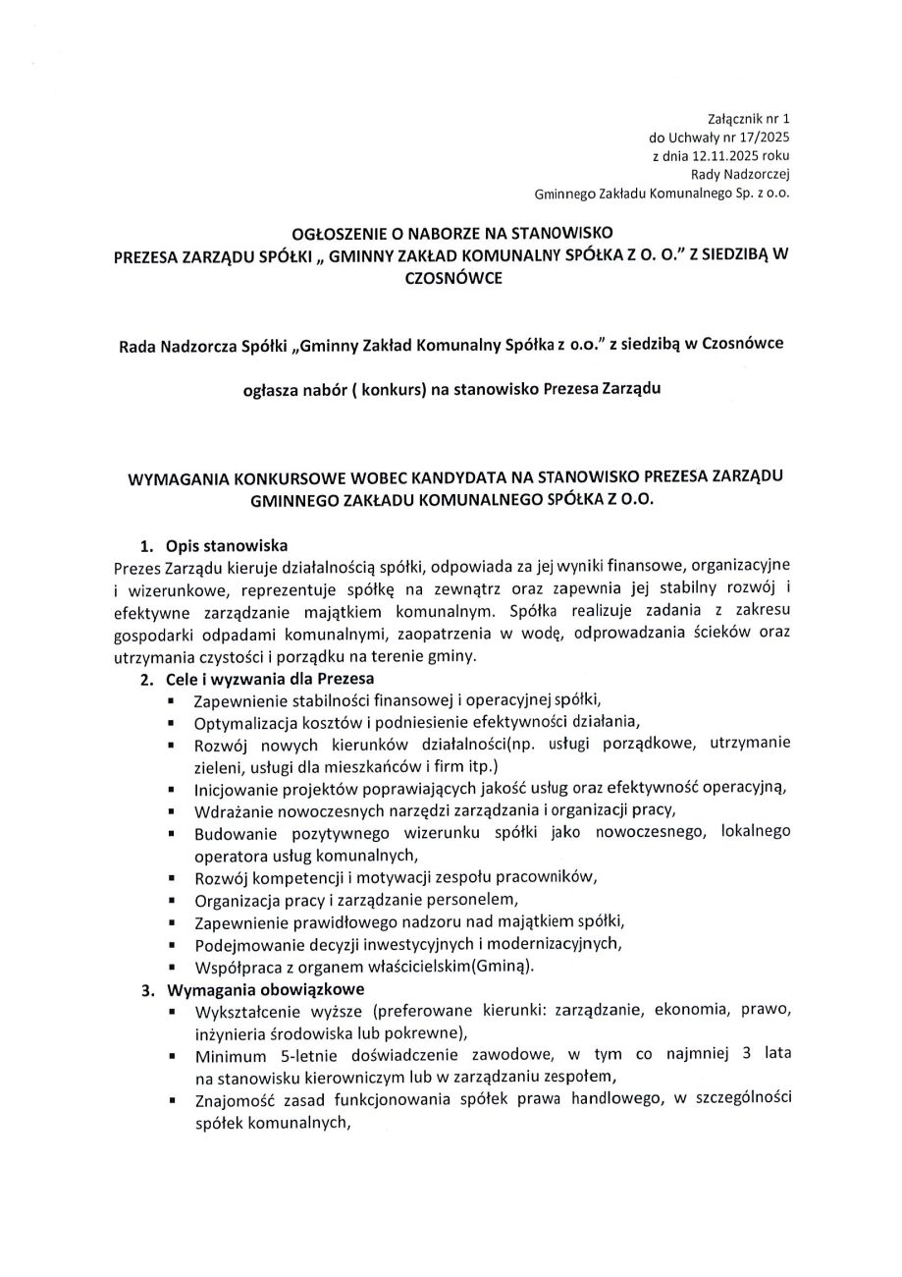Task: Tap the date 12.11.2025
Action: click(x=720, y=155)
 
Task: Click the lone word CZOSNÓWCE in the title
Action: click(x=451, y=277)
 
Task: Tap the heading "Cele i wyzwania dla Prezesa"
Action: click(x=270, y=679)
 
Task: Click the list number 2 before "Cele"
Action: click(x=145, y=679)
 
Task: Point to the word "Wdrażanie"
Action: click(x=230, y=810)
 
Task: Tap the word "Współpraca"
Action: click(x=234, y=967)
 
